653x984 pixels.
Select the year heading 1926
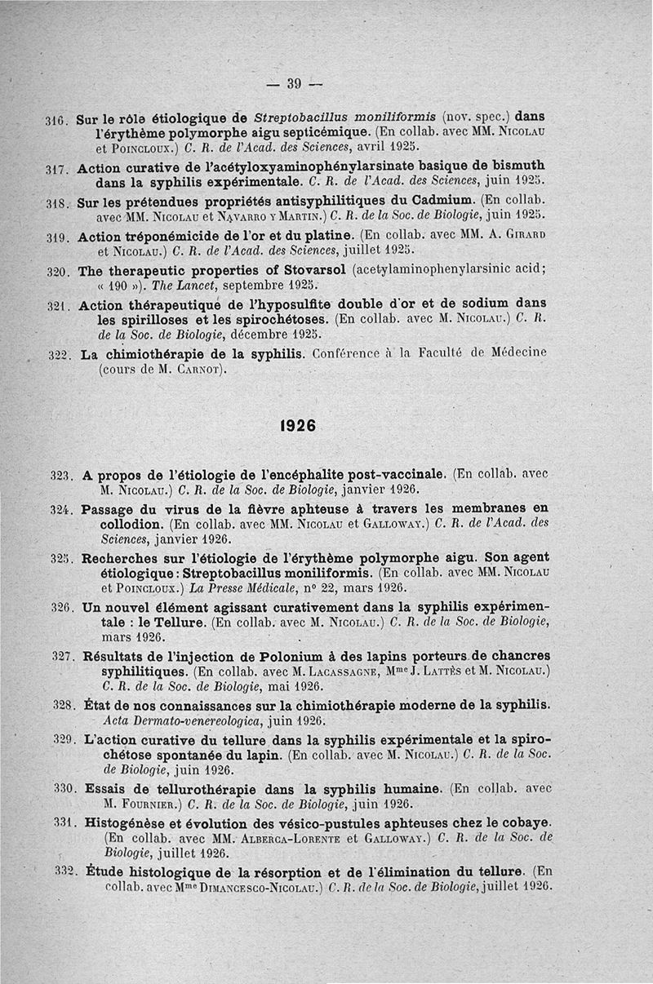coord(297,425)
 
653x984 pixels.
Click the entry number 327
coord(64,656)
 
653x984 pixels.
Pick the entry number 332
coord(64,872)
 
